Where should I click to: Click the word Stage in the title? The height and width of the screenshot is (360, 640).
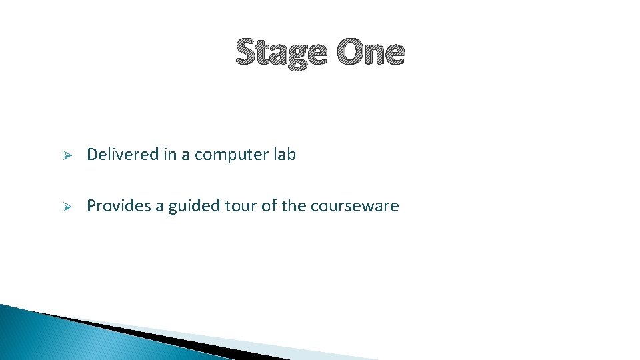click(281, 53)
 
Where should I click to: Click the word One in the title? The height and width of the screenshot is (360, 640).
click(370, 53)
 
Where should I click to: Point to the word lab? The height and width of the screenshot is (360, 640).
click(284, 155)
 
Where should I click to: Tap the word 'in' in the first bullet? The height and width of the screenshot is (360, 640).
click(169, 155)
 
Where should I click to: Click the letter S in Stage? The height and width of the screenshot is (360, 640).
click(246, 53)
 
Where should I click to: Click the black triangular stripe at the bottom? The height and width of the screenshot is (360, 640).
click(167, 337)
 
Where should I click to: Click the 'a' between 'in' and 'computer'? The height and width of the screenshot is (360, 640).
click(185, 155)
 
